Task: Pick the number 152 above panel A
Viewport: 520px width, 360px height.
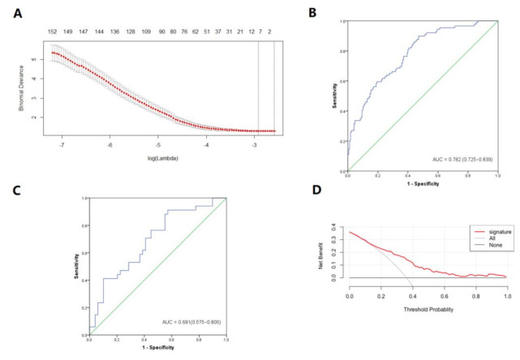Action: pos(52,32)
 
